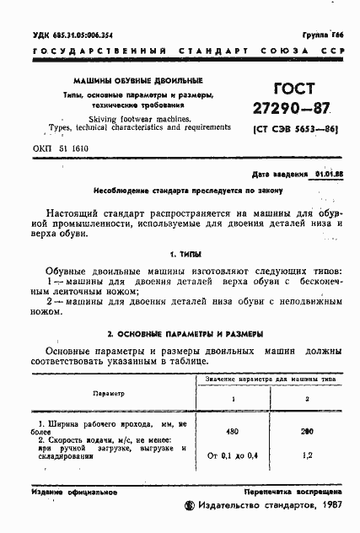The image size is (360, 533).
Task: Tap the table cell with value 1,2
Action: (307, 456)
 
